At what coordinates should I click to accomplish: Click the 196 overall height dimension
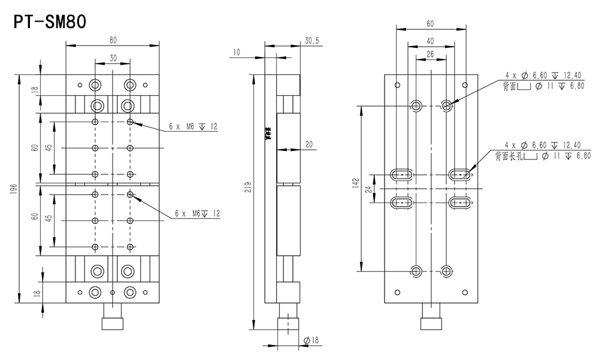[x=13, y=189]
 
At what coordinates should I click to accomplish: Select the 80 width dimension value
[x=113, y=40]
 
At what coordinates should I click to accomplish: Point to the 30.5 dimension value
[x=311, y=40]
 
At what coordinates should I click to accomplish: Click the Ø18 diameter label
[x=311, y=340]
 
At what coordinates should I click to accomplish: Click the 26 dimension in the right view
[x=430, y=55]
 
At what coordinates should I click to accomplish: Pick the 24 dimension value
[x=369, y=189]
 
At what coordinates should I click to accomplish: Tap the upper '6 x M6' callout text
[x=192, y=127]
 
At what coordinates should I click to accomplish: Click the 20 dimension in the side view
[x=308, y=144]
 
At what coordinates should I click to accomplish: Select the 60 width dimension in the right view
[x=430, y=23]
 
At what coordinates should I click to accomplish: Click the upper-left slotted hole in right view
[x=401, y=175]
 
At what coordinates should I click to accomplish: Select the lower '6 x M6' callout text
[x=197, y=213]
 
